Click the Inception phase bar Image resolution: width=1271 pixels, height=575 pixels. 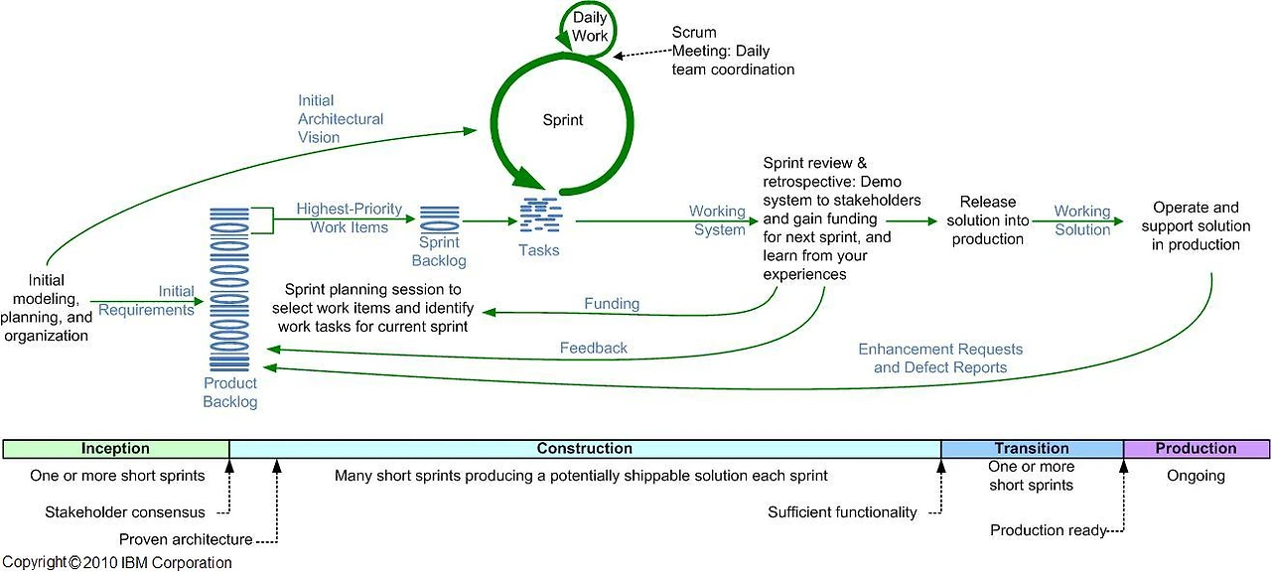click(x=116, y=449)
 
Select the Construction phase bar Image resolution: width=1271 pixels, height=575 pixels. click(x=585, y=449)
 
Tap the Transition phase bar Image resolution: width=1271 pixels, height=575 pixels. click(x=1032, y=449)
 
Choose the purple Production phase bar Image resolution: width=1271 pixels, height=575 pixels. click(x=1197, y=449)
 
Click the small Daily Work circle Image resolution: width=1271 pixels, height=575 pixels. click(x=588, y=29)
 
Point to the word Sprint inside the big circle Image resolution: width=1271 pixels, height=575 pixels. click(x=562, y=120)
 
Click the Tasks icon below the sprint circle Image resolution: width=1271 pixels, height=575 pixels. click(x=541, y=216)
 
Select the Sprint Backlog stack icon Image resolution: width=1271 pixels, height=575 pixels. click(x=439, y=218)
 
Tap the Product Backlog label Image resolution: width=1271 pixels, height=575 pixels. click(x=230, y=392)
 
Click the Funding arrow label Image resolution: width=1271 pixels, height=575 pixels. click(x=612, y=304)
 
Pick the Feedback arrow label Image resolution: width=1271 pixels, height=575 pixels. click(x=594, y=348)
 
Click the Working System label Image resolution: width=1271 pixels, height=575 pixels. click(x=717, y=220)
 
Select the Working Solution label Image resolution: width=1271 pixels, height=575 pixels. click(x=1082, y=220)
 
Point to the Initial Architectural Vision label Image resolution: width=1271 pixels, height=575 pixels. click(x=341, y=118)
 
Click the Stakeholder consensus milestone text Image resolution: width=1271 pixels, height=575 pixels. click(x=125, y=512)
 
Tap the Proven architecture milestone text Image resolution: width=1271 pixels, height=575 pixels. click(x=186, y=539)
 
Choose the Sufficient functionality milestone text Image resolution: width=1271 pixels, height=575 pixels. click(x=842, y=512)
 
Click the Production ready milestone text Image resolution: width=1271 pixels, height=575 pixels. click(x=1048, y=530)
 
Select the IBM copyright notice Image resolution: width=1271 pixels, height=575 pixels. click(x=117, y=562)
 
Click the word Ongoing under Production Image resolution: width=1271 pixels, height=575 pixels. click(x=1196, y=476)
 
